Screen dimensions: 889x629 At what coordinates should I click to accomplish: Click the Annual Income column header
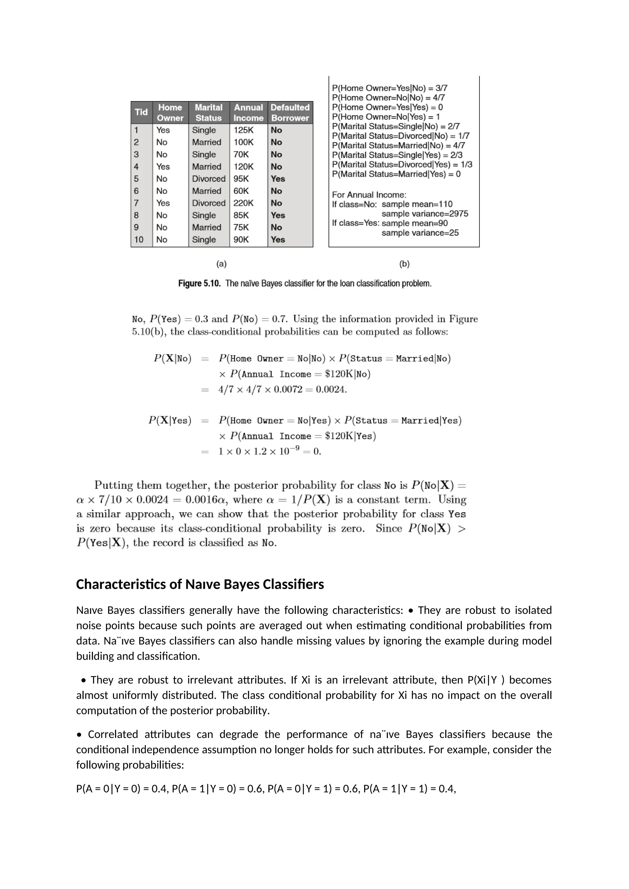248,113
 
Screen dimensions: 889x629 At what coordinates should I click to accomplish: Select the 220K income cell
243,203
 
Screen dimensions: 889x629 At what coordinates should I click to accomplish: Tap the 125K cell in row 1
243,130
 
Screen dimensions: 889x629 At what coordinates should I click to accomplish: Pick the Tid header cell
141,112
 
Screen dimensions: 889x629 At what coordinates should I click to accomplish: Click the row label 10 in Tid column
139,240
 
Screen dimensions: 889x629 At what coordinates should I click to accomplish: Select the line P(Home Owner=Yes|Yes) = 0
387,107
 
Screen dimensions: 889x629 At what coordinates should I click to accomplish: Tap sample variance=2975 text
424,214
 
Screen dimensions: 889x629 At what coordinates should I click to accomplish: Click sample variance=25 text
420,233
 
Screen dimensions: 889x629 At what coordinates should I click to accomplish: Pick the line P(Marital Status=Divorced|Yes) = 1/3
402,165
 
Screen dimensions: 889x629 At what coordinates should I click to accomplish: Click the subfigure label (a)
221,264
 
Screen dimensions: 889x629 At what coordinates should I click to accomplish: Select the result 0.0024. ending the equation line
331,390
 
